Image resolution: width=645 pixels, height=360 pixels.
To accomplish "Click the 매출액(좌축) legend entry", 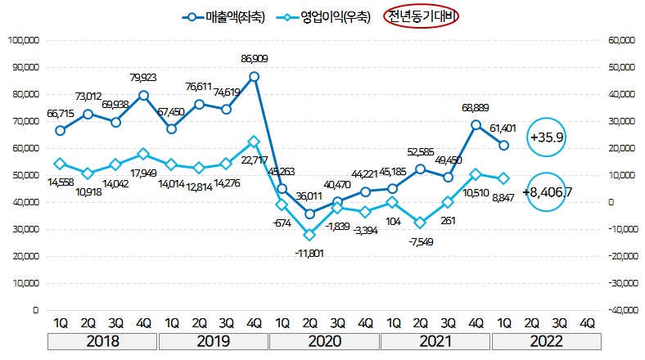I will click(x=225, y=16).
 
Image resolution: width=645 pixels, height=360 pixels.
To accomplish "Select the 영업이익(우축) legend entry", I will click(x=322, y=16).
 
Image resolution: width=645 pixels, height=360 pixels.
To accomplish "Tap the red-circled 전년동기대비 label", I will click(x=423, y=16).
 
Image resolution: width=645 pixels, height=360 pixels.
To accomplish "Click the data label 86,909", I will click(x=254, y=59).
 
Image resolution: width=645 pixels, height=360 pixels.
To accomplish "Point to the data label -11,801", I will click(x=309, y=253).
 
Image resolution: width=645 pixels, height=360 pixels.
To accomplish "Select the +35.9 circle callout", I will click(x=547, y=137).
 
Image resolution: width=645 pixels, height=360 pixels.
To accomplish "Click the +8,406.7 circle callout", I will click(x=546, y=194).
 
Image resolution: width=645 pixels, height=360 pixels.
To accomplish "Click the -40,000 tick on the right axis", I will click(x=620, y=311).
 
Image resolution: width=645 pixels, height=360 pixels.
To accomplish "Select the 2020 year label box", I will click(x=325, y=341).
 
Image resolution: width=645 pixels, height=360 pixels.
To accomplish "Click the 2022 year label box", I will click(x=545, y=341).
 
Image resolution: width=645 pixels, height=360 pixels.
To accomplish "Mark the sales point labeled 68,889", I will click(x=476, y=125).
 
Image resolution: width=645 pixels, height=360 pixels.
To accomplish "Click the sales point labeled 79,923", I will click(x=143, y=95).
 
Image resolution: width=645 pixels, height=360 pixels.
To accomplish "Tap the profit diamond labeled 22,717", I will click(x=254, y=142).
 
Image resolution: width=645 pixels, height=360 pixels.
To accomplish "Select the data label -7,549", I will click(x=420, y=242).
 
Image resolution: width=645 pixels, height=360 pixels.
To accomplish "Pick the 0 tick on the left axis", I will click(x=35, y=311).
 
